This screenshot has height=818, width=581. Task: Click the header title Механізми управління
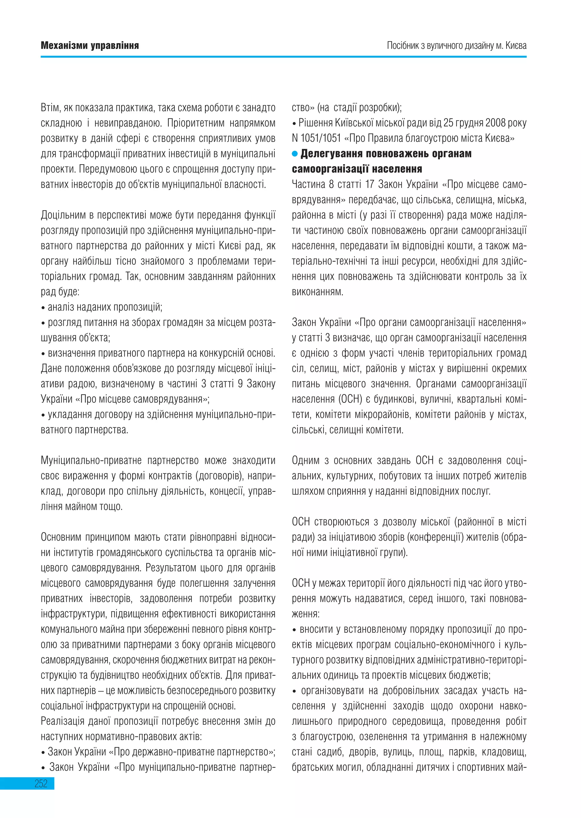(90, 45)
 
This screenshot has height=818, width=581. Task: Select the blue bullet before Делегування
(295, 154)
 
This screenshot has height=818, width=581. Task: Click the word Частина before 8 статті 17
(308, 184)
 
